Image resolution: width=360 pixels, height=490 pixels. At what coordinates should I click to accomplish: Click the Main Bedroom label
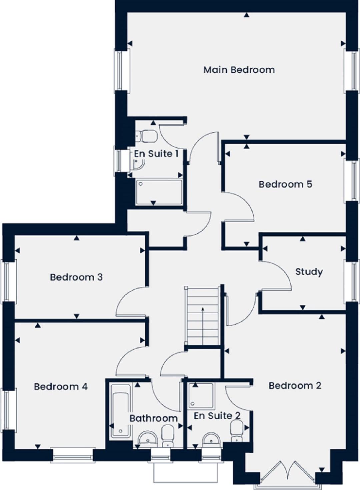click(x=239, y=70)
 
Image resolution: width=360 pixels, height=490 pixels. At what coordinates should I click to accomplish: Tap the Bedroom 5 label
click(x=285, y=184)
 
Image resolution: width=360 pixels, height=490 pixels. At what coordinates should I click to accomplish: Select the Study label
click(x=309, y=272)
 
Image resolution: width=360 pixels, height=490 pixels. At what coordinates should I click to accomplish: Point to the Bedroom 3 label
click(x=76, y=277)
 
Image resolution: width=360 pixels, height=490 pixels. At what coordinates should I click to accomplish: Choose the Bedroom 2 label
click(x=295, y=385)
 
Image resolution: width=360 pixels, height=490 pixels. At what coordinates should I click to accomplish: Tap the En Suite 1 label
click(x=156, y=154)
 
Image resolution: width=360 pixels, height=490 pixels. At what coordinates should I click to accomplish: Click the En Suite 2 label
click(x=217, y=416)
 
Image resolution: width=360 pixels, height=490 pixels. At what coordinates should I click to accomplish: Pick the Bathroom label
click(x=154, y=418)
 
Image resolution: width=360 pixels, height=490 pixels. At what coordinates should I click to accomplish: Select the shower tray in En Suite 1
click(x=159, y=192)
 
